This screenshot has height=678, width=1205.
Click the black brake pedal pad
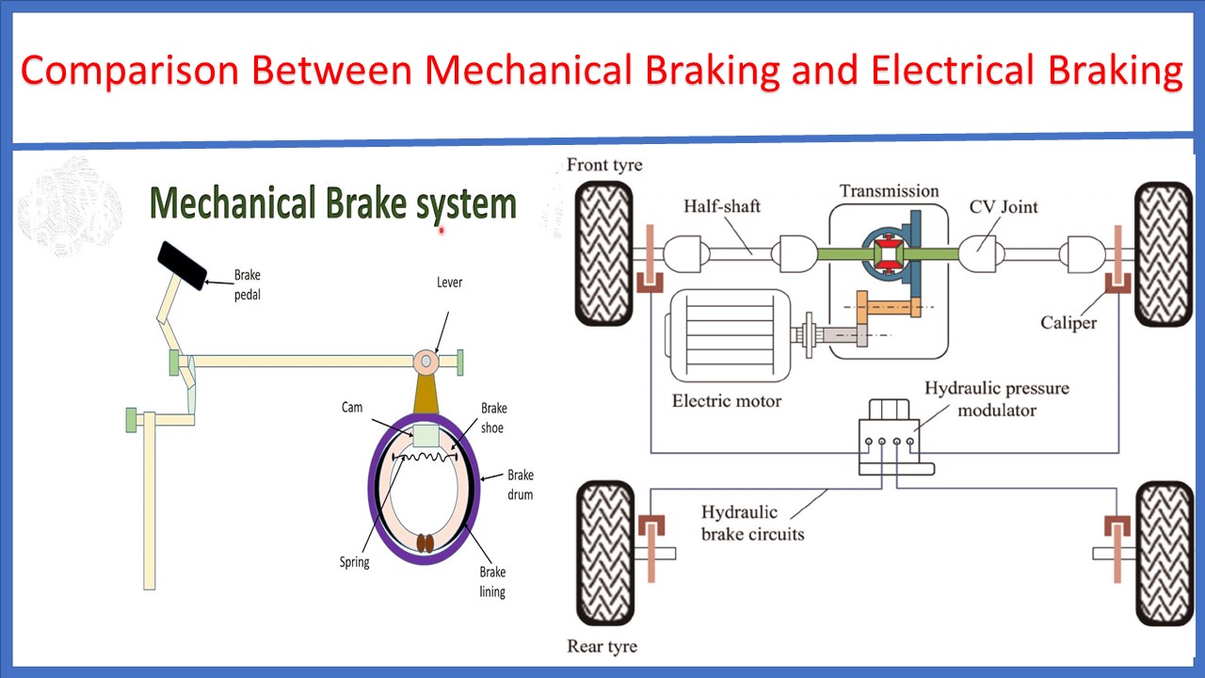pos(182,265)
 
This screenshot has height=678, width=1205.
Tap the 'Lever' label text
pos(449,282)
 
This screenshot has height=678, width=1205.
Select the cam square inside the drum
pos(426,435)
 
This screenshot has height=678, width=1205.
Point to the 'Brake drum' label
pos(520,485)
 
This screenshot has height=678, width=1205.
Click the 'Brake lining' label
pos(492,582)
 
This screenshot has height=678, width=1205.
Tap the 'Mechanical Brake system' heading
pos(333,203)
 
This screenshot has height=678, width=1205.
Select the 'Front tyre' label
pos(604,166)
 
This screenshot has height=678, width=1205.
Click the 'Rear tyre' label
pos(602,646)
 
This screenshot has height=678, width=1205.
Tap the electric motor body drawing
pos(725,334)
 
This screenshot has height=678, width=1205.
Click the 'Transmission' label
pos(889,191)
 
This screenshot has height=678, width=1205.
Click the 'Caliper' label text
pos(1068,323)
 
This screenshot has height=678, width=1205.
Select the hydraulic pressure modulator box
pos(894,435)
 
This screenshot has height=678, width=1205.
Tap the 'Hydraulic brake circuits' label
pos(752,524)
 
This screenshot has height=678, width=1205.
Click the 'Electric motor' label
pos(726,400)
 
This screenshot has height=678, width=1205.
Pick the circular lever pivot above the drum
pos(426,361)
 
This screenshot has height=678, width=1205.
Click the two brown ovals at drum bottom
pos(425,543)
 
